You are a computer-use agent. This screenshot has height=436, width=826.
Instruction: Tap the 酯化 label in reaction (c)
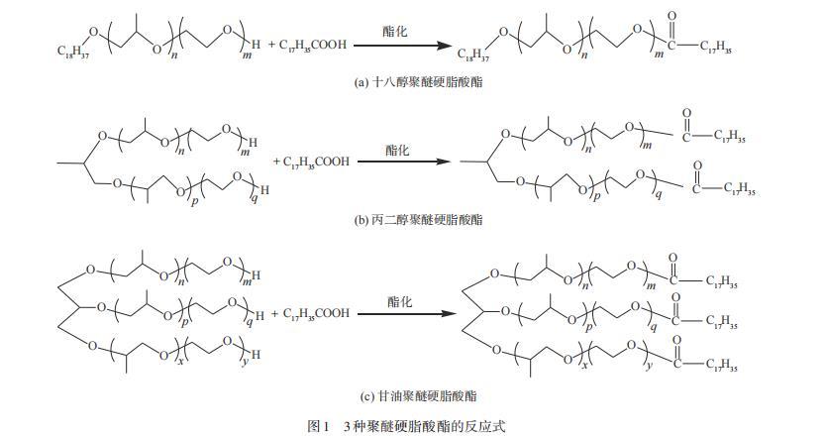pos(397,300)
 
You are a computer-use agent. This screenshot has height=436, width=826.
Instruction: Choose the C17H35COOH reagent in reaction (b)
pos(316,162)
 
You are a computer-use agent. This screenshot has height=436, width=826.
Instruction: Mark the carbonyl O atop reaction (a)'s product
pos(673,17)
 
